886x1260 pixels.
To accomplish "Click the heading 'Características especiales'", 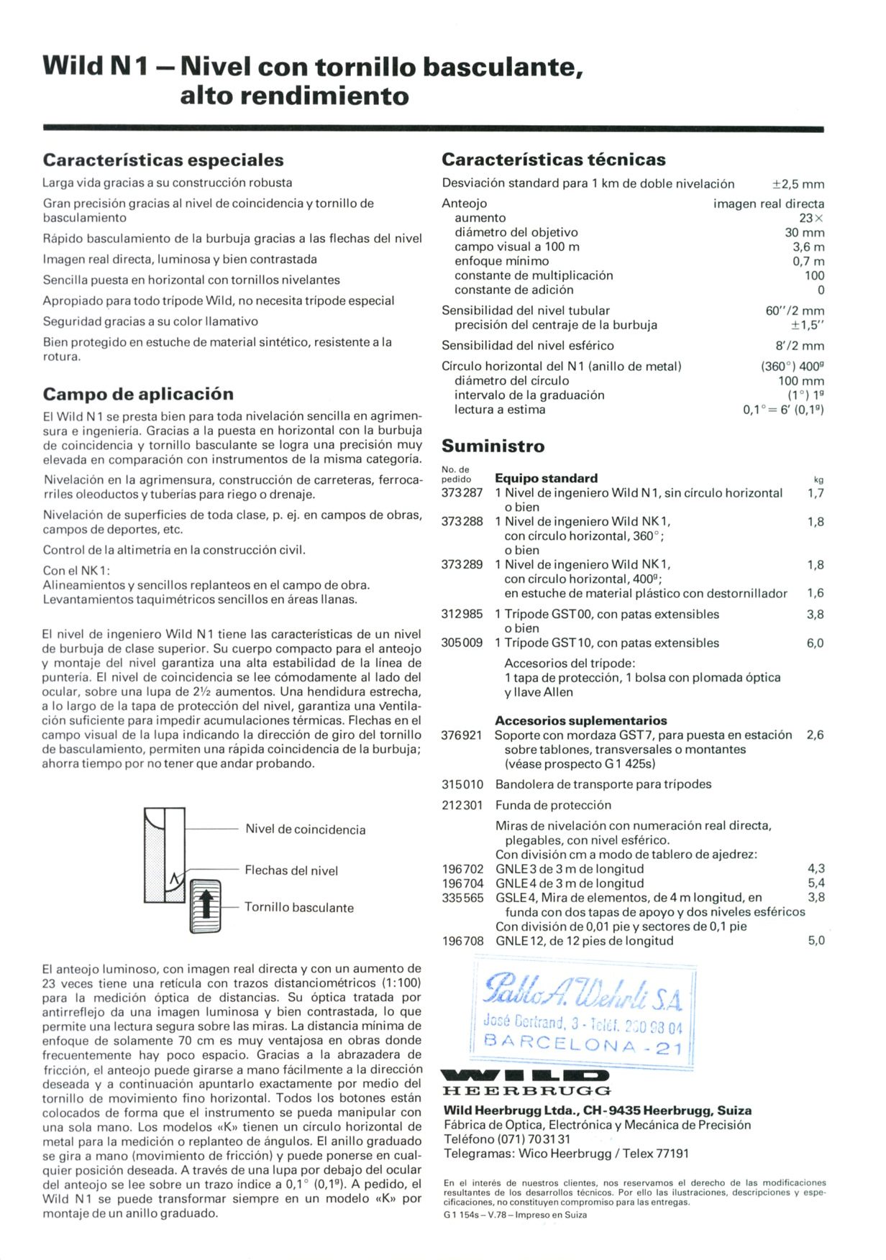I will (x=163, y=160).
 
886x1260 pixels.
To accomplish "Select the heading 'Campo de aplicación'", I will (x=138, y=394).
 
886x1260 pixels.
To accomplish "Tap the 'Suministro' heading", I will (x=493, y=446).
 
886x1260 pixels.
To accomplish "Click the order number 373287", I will (x=462, y=493).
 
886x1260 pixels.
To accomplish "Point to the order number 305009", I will (x=462, y=643).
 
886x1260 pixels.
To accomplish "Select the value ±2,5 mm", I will (x=798, y=184).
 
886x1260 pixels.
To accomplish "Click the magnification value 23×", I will (x=811, y=218).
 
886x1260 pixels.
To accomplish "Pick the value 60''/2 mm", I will (x=794, y=311).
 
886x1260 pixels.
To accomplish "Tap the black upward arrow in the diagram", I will (x=206, y=903).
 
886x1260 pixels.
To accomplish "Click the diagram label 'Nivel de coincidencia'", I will (x=305, y=829).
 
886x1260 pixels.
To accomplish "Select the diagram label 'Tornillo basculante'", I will (x=299, y=907).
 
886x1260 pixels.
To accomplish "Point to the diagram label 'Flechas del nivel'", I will (x=291, y=870).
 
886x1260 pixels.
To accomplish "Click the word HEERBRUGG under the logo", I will (x=526, y=1091).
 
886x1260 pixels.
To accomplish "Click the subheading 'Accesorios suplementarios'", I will (x=580, y=720).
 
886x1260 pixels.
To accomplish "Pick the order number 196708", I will (x=462, y=941).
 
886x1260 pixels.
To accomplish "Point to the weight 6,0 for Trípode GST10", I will (x=814, y=643).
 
